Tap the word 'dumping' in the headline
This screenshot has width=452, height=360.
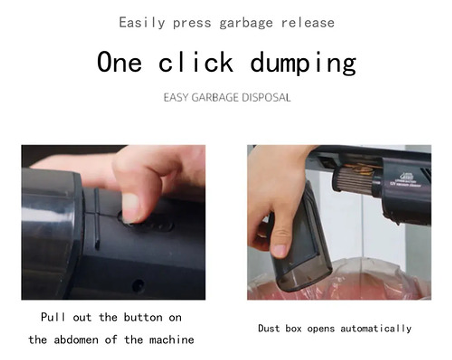point(303,63)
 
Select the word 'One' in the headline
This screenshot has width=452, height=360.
point(119,62)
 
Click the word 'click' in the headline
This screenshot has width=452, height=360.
point(196,62)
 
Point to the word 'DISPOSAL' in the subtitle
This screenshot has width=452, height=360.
point(266,98)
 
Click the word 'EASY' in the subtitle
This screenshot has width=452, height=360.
point(176,98)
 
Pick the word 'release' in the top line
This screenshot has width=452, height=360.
point(308,23)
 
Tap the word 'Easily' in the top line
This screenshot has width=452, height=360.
point(142,23)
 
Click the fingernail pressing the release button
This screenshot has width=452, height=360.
point(130,207)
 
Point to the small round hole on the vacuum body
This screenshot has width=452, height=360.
point(138,286)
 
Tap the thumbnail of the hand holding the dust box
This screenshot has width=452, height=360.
point(279,250)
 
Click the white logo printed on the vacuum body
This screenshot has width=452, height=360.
point(406,176)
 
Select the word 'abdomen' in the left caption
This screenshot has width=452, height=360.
point(76,340)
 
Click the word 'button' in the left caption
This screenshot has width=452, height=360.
point(143,318)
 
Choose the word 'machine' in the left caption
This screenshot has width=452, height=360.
point(171,340)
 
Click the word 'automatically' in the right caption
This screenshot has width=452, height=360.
point(376,328)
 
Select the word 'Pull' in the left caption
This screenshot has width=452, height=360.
point(53,317)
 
